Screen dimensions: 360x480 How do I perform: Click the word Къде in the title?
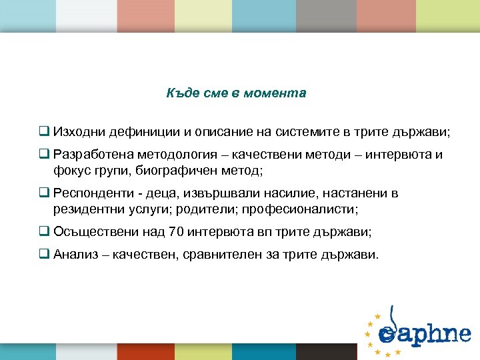(179, 93)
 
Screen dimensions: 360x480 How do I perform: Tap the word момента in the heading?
(281, 93)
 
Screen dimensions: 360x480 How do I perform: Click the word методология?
(155, 155)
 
